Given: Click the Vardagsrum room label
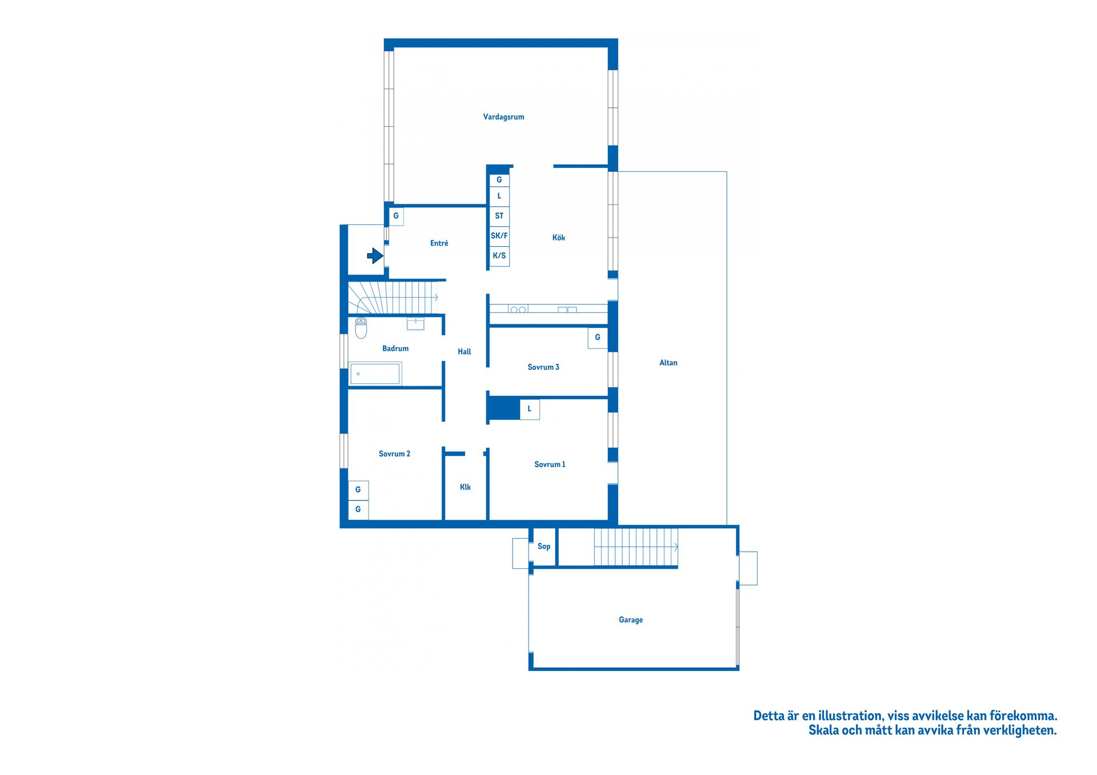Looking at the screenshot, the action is pos(503,117).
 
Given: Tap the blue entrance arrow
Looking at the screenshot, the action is pos(375,256).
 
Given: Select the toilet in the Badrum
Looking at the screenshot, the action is pos(361,328).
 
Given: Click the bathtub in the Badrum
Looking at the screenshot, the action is pos(375,374).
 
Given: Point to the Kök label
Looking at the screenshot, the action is pos(558,238).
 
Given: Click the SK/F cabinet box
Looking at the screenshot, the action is pos(499,235).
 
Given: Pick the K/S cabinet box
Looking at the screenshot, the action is pos(499,256).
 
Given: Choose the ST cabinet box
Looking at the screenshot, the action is pos(499,216).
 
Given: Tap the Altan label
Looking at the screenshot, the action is pos(668,363).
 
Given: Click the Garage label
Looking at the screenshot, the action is pos(631,620).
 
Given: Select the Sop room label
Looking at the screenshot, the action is pos(544,547).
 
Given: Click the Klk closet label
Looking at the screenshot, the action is pos(465,487).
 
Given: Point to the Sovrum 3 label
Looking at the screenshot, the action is pos(543,367).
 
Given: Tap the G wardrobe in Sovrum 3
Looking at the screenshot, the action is pos(598,338).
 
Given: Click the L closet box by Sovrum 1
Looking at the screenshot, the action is pos(530,409).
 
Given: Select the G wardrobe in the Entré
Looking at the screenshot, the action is pos(396,216).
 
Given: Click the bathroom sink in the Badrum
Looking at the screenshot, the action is pos(415,324).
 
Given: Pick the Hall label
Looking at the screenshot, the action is pos(465,352).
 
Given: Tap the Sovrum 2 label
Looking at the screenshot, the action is pos(394,454).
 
